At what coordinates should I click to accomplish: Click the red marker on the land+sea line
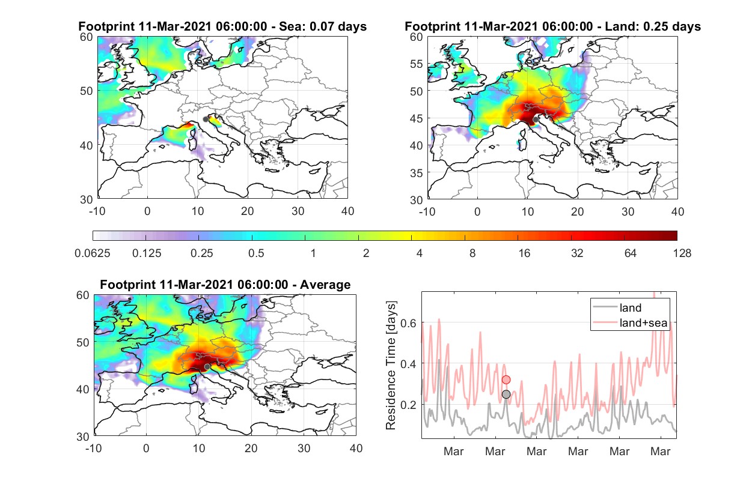pos(506,380)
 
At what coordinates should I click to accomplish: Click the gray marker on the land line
pos(506,395)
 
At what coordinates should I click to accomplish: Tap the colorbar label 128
pos(682,253)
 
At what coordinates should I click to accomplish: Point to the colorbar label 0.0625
pos(93,253)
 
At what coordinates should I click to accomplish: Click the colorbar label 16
pos(524,253)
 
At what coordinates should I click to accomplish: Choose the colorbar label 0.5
pos(256,253)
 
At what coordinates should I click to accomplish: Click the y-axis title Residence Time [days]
pos(391,366)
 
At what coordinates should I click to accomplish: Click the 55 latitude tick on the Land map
pos(416,64)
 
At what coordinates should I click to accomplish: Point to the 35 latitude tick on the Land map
pos(416,173)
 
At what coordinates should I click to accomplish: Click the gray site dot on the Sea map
pos(206,119)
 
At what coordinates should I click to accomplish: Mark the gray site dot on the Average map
pos(207,367)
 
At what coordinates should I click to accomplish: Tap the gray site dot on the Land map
pos(536,119)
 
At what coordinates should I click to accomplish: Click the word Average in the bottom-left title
pos(325,285)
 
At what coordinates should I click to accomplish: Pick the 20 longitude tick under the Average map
pos(251,448)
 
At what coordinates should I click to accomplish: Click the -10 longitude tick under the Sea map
pos(97,211)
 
